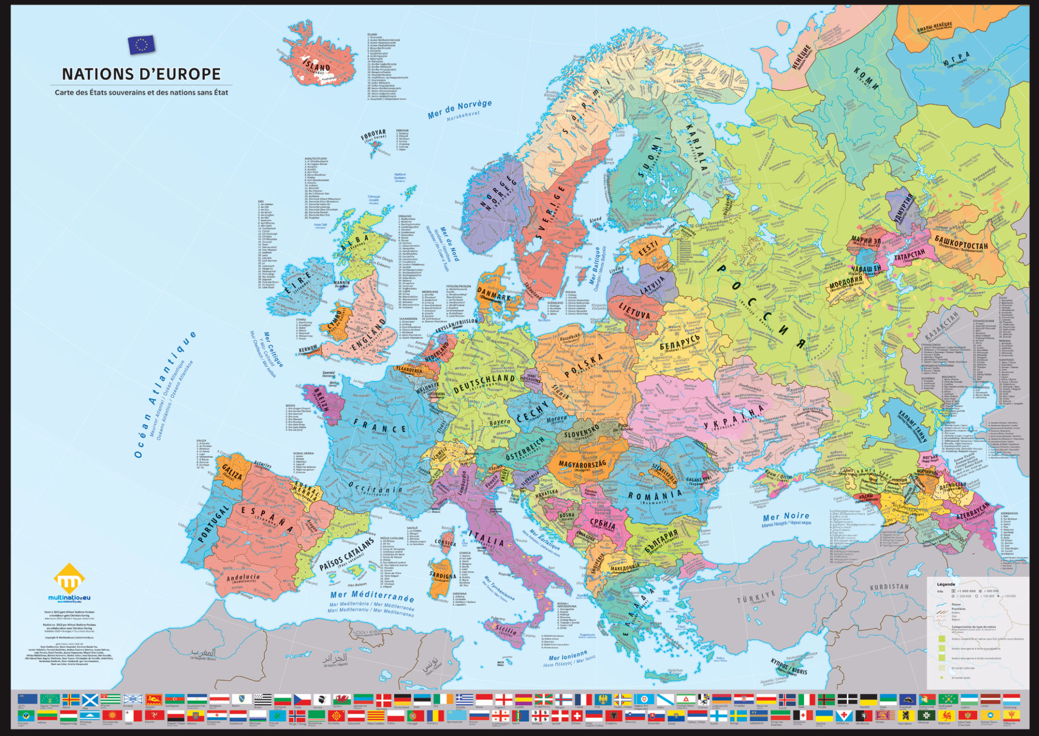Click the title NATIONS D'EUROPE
141,74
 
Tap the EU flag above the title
141,45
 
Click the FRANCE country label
380,426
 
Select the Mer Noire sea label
786,517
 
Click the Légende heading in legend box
945,584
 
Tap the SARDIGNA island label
442,577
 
